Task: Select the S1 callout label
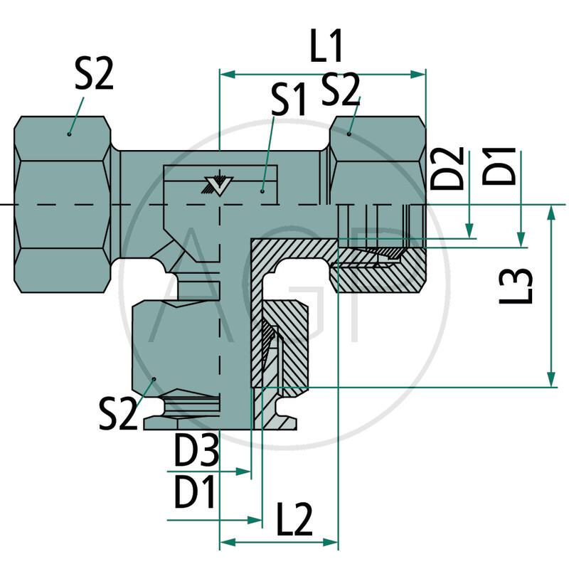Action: (288, 101)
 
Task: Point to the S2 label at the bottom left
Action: (117, 413)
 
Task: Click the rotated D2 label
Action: (452, 168)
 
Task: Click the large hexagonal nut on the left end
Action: (64, 205)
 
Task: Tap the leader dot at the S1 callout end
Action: (262, 191)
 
